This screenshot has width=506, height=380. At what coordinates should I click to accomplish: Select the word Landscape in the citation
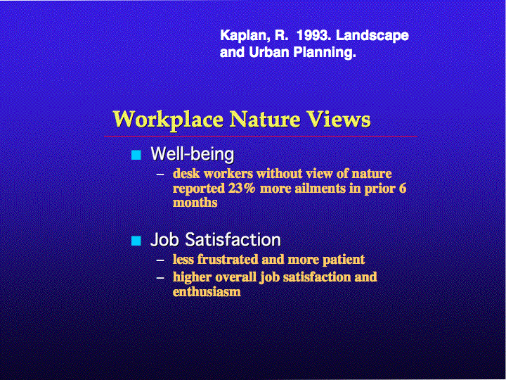(x=372, y=36)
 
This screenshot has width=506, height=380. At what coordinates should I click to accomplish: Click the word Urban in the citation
(x=269, y=51)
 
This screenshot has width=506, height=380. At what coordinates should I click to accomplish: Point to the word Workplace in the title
(x=168, y=120)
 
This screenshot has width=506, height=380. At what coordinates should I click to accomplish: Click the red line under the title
(x=261, y=137)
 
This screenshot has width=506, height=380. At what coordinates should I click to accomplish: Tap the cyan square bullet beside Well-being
(x=136, y=155)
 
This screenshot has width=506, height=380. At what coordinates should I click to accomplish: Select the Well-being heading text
(x=193, y=154)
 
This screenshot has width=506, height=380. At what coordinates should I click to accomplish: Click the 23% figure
(x=242, y=188)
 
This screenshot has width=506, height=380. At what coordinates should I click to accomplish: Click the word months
(x=195, y=203)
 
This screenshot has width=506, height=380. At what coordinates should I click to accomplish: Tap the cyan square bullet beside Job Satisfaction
(x=136, y=241)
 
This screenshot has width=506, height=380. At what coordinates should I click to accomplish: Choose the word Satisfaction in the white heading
(x=233, y=240)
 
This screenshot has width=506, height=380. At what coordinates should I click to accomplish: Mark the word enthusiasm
(x=207, y=291)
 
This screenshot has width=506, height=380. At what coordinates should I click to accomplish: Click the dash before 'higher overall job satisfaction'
(x=160, y=277)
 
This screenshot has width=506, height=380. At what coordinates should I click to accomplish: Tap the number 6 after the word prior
(x=403, y=188)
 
